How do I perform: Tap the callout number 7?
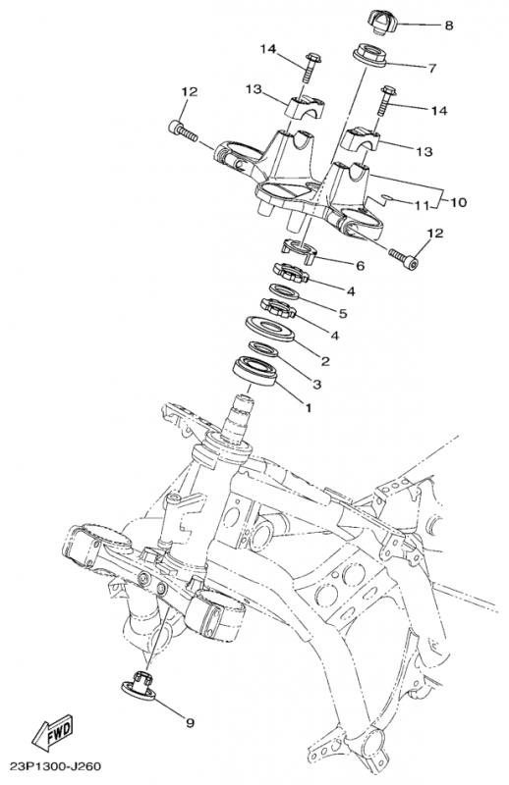(430, 68)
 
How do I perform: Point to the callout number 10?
(459, 202)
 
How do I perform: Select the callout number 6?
(360, 265)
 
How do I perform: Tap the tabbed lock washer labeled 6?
(296, 251)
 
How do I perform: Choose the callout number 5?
(343, 313)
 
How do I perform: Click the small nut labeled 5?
(276, 307)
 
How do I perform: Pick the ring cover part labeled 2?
(267, 328)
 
